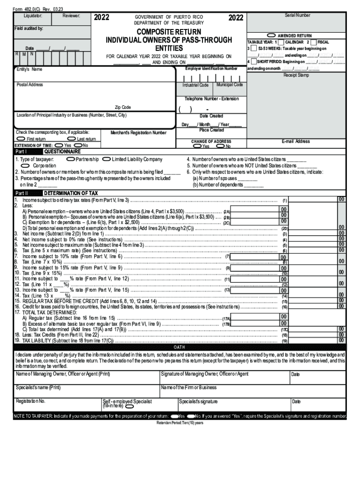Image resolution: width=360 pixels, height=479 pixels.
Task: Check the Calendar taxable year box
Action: coord(281,42)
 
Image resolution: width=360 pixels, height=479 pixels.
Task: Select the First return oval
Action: coord(21,139)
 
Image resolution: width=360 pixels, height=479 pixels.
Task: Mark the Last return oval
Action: coord(72,139)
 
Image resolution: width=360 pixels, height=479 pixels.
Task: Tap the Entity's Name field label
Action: coord(29,69)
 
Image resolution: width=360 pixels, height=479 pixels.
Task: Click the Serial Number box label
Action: coord(297,15)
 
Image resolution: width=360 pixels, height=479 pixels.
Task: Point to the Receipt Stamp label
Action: coord(296,75)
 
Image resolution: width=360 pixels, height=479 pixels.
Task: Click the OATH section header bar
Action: coord(180,348)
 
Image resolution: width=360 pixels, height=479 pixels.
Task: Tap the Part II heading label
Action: coord(22,193)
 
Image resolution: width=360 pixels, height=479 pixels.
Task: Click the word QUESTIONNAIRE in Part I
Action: coord(62,152)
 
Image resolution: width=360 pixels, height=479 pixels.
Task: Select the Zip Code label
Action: coord(123,108)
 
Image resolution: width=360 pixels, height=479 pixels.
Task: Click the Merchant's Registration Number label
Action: coord(138,133)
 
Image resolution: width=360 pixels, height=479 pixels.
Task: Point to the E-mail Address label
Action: coord(295,141)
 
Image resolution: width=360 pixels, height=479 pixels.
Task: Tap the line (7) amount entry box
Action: coord(255,256)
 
